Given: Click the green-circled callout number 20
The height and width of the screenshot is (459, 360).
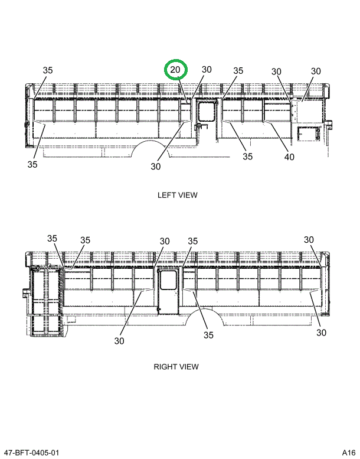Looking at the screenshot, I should coord(175,70).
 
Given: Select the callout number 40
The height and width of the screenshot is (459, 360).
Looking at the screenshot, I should coord(289,157).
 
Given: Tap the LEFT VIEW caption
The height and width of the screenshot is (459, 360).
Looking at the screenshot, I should coord(177,195).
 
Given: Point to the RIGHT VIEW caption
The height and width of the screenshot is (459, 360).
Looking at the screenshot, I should coord(176,366).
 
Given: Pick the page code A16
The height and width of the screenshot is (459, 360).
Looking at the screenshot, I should coord(348,453).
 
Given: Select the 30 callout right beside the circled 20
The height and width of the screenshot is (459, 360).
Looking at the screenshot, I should coord(206,70).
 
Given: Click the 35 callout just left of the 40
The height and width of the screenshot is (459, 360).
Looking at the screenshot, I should coord(247,157).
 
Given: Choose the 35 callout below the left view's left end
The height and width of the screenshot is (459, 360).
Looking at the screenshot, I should coord(32,164).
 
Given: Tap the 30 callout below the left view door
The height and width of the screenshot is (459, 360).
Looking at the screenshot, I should coord(155,166).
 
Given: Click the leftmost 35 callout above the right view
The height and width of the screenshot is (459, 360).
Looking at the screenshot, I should coord(53,239).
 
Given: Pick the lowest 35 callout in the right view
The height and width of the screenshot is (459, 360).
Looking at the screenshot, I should coord(208,335).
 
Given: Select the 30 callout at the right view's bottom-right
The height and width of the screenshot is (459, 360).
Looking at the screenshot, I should coord(321,333).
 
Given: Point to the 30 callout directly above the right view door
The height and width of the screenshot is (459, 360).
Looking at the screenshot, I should coord(165,241).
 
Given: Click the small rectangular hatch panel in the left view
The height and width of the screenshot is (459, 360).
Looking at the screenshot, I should coord(307,133).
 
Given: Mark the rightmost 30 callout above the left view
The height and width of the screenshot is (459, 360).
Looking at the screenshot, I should coord(316,71).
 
